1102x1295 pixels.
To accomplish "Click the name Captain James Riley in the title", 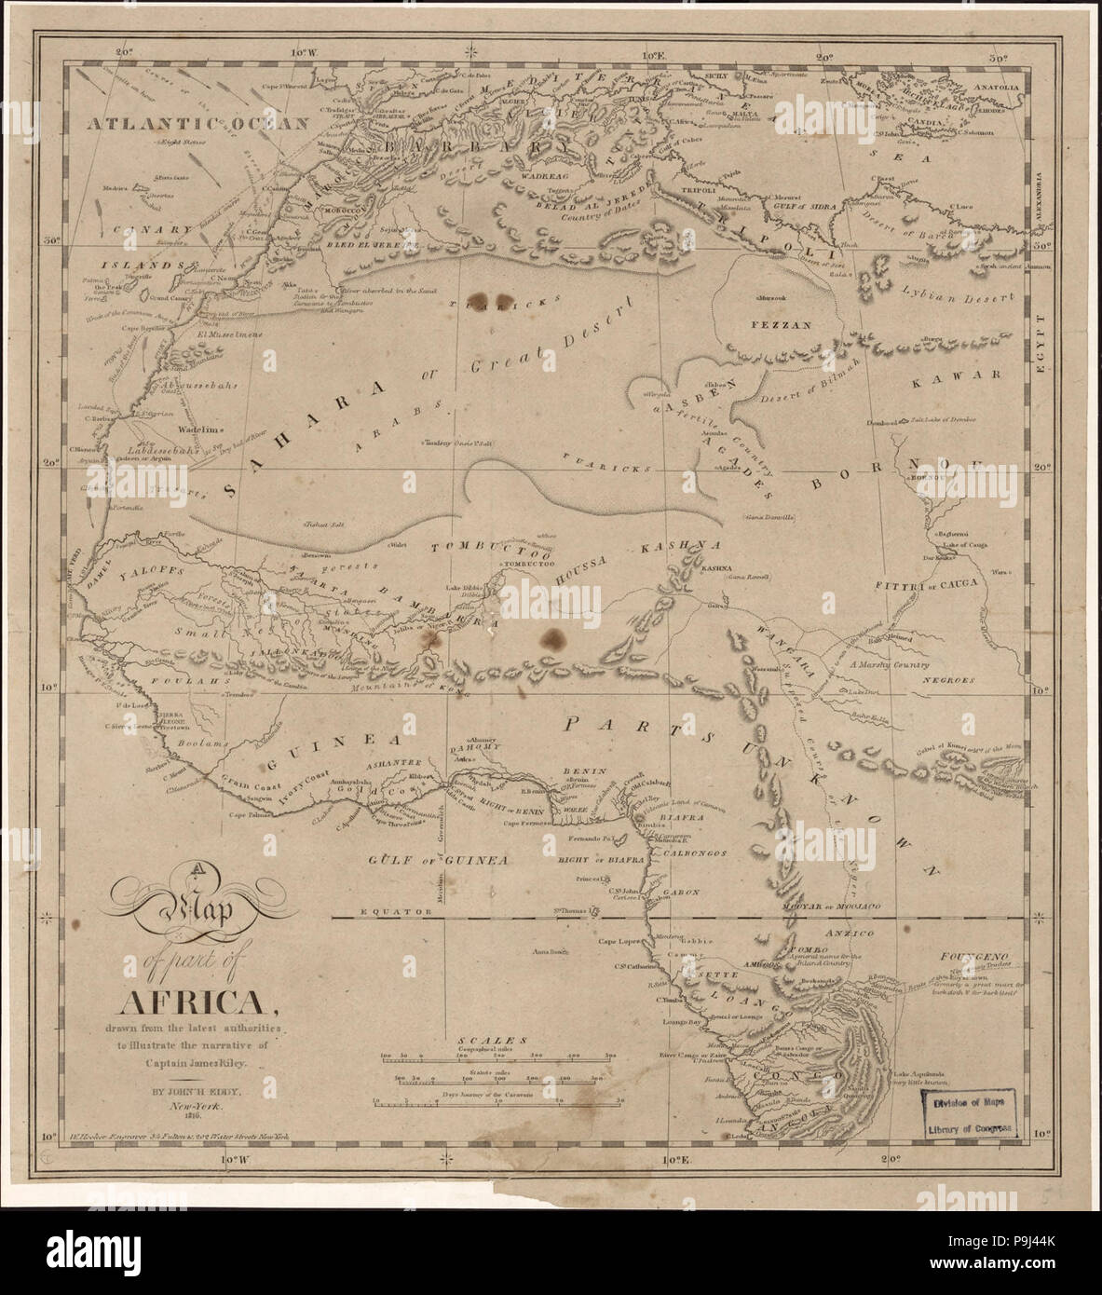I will click(x=197, y=1059).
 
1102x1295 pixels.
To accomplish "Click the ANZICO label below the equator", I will click(x=845, y=933).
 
